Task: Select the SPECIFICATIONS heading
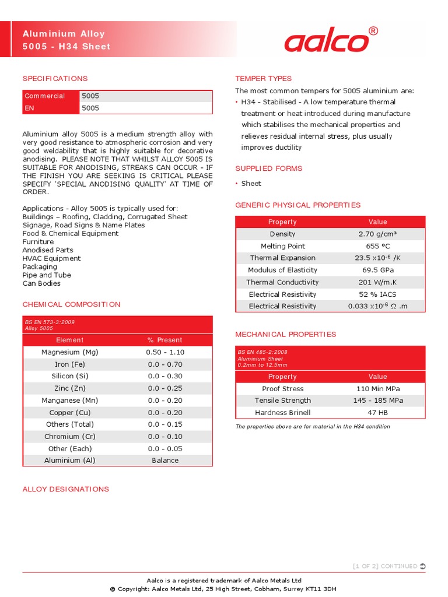(55, 79)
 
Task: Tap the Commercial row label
(45, 96)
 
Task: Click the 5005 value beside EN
(90, 108)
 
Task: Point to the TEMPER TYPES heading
(263, 79)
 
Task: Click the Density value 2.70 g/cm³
(377, 234)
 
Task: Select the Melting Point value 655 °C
(377, 247)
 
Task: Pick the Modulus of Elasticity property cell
(282, 271)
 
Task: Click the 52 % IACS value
(377, 294)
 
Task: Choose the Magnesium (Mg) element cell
(70, 353)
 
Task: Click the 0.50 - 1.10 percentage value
(165, 353)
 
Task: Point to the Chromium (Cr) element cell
(70, 437)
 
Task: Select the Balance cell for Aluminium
(165, 461)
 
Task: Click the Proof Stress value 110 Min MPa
(378, 389)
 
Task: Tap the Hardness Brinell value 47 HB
(378, 413)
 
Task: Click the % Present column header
(165, 340)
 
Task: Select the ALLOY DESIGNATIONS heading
(65, 489)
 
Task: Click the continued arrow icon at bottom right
(422, 566)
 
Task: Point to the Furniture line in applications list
(38, 242)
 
